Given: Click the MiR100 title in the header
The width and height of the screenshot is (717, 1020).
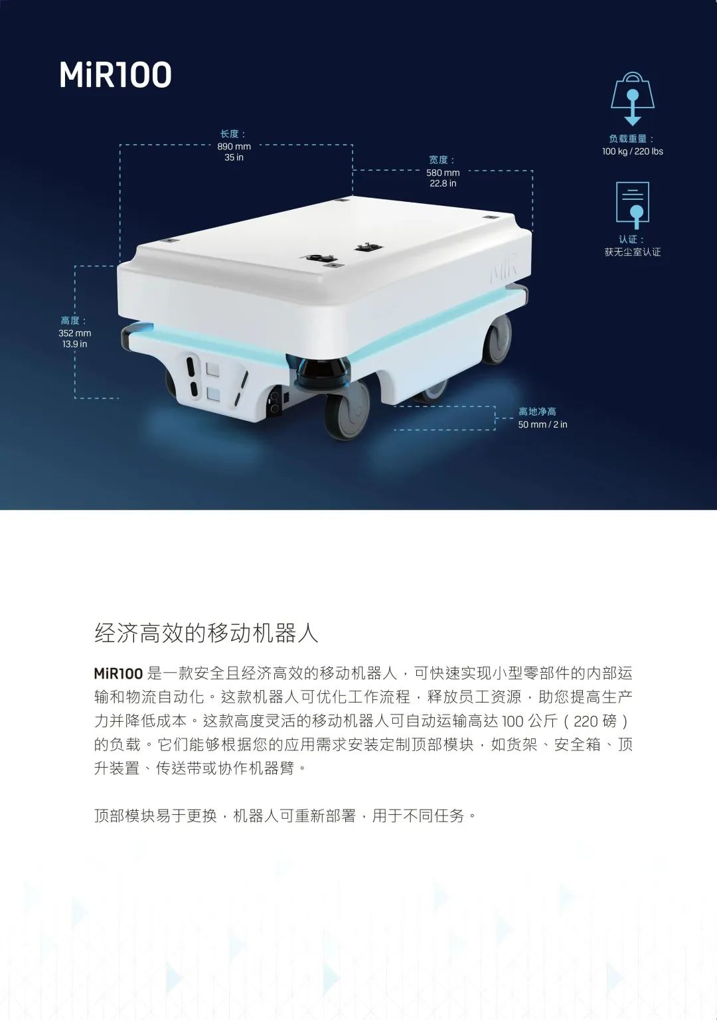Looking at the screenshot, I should (116, 75).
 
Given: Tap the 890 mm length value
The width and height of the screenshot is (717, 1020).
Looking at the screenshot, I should (234, 147).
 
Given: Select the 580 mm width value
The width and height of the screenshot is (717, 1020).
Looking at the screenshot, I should (443, 173).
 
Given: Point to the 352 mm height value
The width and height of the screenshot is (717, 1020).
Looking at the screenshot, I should (74, 333).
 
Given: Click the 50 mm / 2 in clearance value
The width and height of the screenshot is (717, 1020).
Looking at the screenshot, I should (542, 424).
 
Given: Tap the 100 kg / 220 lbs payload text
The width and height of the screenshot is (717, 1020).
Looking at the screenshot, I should (632, 151).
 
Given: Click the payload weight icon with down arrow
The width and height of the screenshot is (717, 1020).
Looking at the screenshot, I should (632, 98).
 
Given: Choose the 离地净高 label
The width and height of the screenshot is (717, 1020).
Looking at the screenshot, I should (537, 412).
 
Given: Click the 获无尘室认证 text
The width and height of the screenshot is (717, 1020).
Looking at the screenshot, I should (632, 252).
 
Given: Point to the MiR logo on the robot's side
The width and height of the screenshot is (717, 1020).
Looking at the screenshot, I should (503, 272).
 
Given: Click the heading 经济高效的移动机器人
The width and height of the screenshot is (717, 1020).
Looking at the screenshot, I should (206, 633).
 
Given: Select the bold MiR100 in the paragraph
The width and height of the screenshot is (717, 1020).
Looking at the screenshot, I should (118, 673).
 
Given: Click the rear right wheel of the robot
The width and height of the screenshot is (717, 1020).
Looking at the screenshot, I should (498, 339).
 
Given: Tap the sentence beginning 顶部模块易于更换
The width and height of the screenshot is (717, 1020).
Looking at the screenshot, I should (285, 815).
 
